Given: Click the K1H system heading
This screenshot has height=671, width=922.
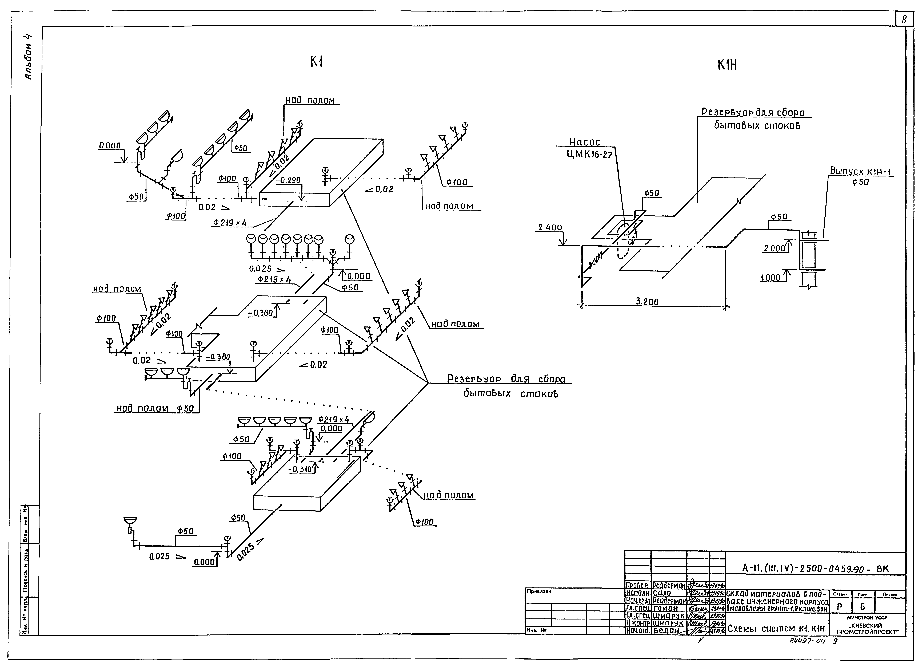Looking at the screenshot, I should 727,65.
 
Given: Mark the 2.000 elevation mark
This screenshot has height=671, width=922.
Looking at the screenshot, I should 774,248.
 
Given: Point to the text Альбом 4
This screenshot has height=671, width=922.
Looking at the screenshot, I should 29,57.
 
